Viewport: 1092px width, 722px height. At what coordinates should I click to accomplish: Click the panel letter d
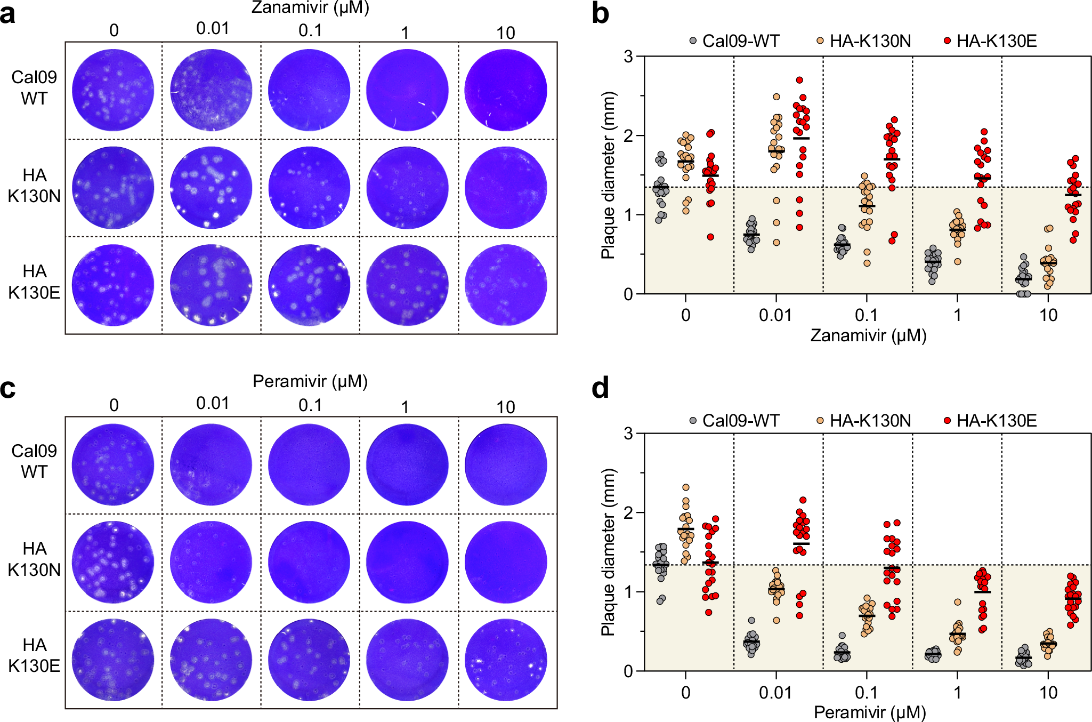coord(601,388)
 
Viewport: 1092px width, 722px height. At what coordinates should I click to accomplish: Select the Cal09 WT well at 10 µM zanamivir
coord(505,90)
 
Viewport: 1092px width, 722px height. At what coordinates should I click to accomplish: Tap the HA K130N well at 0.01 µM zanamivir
coord(211,188)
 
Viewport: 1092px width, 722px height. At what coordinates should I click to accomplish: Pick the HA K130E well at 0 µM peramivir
coord(113,659)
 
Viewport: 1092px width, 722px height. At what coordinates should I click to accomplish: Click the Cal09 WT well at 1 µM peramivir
coord(407,464)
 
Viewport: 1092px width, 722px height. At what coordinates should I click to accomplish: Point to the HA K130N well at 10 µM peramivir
coord(505,562)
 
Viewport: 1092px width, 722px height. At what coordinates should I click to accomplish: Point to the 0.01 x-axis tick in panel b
coord(775,315)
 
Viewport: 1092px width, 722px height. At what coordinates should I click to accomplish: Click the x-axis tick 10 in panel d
coord(1048,693)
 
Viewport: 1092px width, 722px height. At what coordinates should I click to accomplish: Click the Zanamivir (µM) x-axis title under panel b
coord(869,335)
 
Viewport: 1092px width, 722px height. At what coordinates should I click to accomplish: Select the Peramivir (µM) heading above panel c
coord(310,381)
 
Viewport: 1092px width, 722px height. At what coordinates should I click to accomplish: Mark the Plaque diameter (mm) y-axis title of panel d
coord(608,552)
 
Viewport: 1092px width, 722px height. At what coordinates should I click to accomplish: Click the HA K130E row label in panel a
coord(34,282)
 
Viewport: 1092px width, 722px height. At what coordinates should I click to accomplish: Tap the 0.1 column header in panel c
coord(310,405)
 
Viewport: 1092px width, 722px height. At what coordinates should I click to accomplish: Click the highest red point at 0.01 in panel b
coord(799,80)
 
